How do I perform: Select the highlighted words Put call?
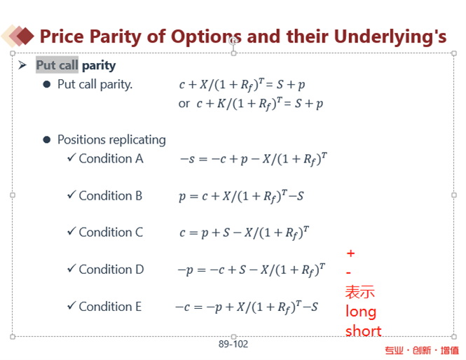pos(57,64)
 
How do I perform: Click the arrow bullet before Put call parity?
pos(22,64)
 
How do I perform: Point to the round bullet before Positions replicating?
pos(47,139)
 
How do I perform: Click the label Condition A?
pos(111,158)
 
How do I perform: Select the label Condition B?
pos(111,195)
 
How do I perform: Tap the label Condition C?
pos(111,233)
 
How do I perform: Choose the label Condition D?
pos(111,270)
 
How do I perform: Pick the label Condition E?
pos(110,307)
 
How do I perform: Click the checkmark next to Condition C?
pos(71,231)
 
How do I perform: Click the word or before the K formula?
pos(184,104)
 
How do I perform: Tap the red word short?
pos(363,331)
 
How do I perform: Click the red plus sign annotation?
pos(350,254)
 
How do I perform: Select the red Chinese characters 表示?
pos(360,291)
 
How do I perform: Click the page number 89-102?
pos(233,344)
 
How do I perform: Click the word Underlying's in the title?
pos(390,37)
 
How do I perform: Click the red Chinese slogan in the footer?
pos(422,350)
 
